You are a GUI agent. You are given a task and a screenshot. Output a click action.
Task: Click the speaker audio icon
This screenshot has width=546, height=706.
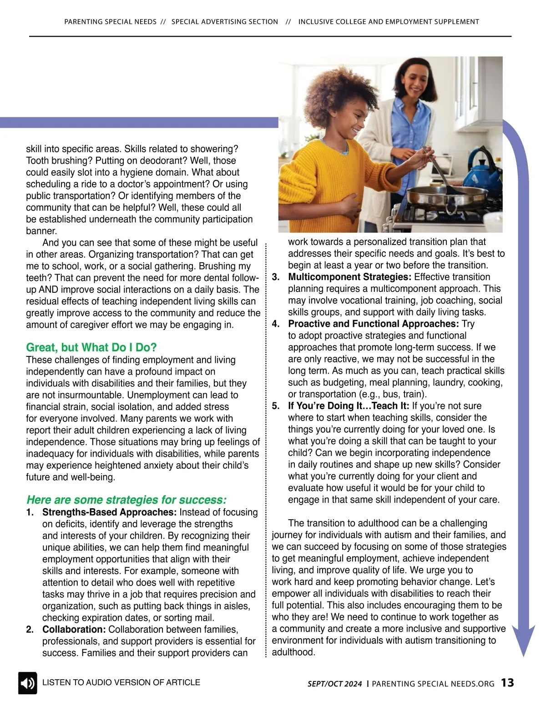point(27,683)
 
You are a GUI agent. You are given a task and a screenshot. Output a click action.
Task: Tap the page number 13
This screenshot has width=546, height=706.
point(507,683)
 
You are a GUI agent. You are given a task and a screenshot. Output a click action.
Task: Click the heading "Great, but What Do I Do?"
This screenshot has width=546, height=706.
point(91,348)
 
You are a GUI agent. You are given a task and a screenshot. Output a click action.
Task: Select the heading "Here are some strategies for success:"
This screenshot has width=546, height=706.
point(126,500)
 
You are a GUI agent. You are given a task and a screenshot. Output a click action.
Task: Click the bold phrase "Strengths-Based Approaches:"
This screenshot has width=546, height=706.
point(109,512)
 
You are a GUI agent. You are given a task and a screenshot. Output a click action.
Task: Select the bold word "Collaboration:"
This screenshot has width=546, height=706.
point(74,630)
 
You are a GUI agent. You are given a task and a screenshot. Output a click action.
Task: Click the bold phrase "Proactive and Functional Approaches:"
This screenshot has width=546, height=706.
point(373,324)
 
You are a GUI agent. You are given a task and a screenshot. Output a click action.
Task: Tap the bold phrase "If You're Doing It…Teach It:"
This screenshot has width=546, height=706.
point(349,406)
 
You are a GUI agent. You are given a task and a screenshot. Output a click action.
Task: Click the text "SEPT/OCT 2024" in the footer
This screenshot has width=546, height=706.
point(335,684)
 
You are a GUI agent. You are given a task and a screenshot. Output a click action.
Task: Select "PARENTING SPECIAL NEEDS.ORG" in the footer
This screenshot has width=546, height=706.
point(433,684)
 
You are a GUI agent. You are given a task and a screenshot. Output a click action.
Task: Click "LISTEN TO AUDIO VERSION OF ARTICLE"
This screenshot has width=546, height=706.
point(121,682)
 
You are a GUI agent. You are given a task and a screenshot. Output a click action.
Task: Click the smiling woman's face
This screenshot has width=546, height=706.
point(413,81)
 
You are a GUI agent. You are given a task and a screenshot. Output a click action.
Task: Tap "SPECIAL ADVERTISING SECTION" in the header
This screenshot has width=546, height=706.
point(225,21)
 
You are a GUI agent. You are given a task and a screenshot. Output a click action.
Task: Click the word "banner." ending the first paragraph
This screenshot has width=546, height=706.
point(41,231)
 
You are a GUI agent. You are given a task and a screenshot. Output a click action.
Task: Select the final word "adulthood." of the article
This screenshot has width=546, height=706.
point(293,652)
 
